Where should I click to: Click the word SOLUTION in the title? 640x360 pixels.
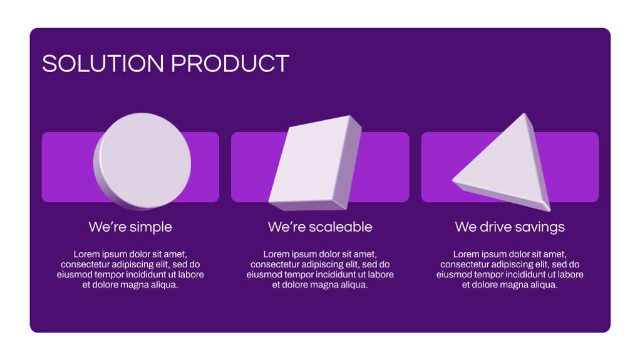(103, 64)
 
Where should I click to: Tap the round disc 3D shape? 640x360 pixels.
(144, 160)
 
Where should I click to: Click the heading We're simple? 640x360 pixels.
(130, 227)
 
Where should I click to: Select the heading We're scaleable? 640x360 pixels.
(320, 227)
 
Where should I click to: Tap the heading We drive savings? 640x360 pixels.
(510, 227)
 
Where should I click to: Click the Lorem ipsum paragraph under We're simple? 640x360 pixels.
(130, 269)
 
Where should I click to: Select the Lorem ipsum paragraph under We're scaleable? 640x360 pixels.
(320, 269)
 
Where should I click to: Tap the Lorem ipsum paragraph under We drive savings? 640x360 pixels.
(510, 269)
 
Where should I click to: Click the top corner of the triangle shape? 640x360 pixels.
(523, 116)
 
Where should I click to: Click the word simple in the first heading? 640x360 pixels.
(151, 227)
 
